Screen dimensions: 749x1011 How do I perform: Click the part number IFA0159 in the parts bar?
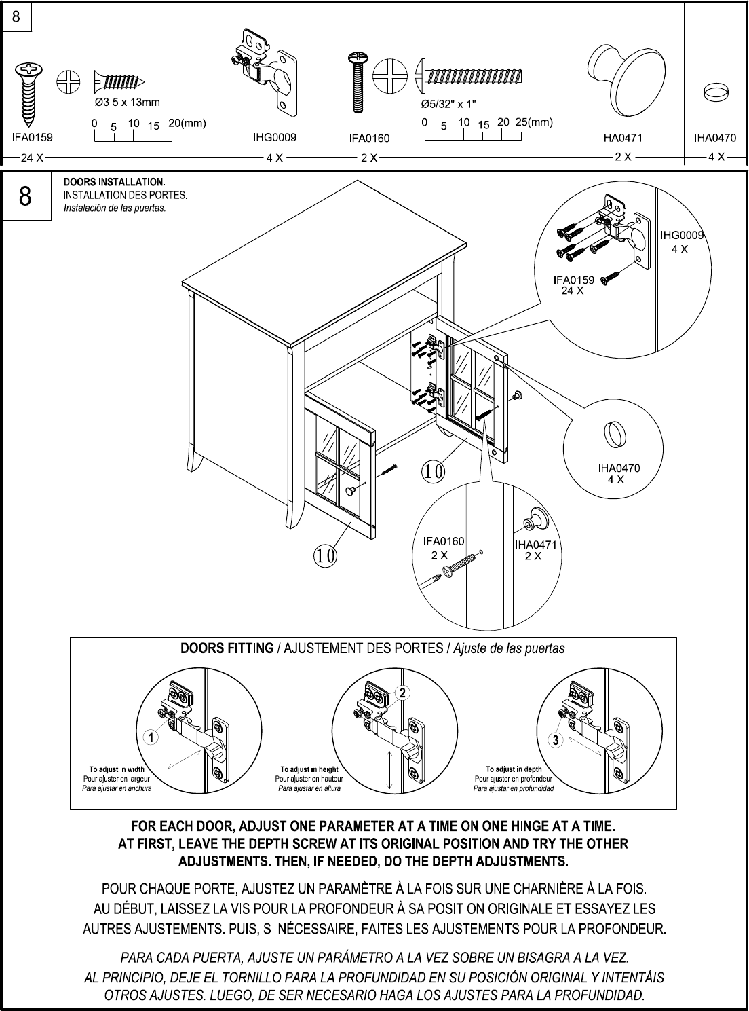click(33, 137)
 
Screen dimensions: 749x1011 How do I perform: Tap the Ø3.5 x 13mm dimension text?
click(127, 102)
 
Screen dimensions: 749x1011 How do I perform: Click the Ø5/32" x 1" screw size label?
click(448, 104)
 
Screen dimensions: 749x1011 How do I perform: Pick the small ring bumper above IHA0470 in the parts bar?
click(716, 92)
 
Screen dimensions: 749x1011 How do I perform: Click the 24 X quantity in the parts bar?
click(32, 158)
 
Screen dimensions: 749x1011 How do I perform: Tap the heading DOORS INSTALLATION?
click(115, 183)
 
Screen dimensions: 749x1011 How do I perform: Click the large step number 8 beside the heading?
click(26, 196)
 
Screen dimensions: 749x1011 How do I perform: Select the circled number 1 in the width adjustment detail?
click(151, 737)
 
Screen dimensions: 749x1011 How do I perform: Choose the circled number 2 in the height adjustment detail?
click(402, 693)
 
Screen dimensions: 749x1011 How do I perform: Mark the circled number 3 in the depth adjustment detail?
click(556, 739)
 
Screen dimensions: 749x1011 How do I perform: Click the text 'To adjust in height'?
click(309, 769)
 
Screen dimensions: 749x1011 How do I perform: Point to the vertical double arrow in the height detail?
click(389, 770)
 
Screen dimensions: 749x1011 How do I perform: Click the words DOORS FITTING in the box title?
click(227, 648)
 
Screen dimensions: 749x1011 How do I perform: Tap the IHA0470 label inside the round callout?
click(619, 468)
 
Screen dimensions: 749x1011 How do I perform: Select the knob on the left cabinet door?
click(351, 490)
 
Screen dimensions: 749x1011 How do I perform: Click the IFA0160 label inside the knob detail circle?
click(444, 541)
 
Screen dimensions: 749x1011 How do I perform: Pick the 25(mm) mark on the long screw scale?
click(534, 122)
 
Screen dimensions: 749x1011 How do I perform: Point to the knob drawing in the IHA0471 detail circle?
click(536, 519)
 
